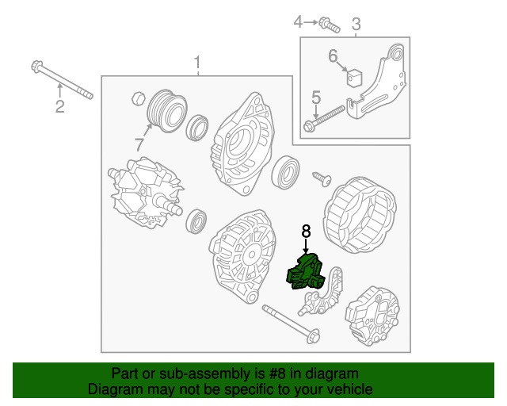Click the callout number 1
click(197, 63)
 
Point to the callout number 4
click(299, 21)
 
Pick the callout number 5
click(315, 98)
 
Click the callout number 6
click(333, 56)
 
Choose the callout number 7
click(140, 145)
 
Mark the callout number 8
click(307, 232)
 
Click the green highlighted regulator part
click(307, 272)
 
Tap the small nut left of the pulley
click(136, 99)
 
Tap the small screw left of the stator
click(322, 178)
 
